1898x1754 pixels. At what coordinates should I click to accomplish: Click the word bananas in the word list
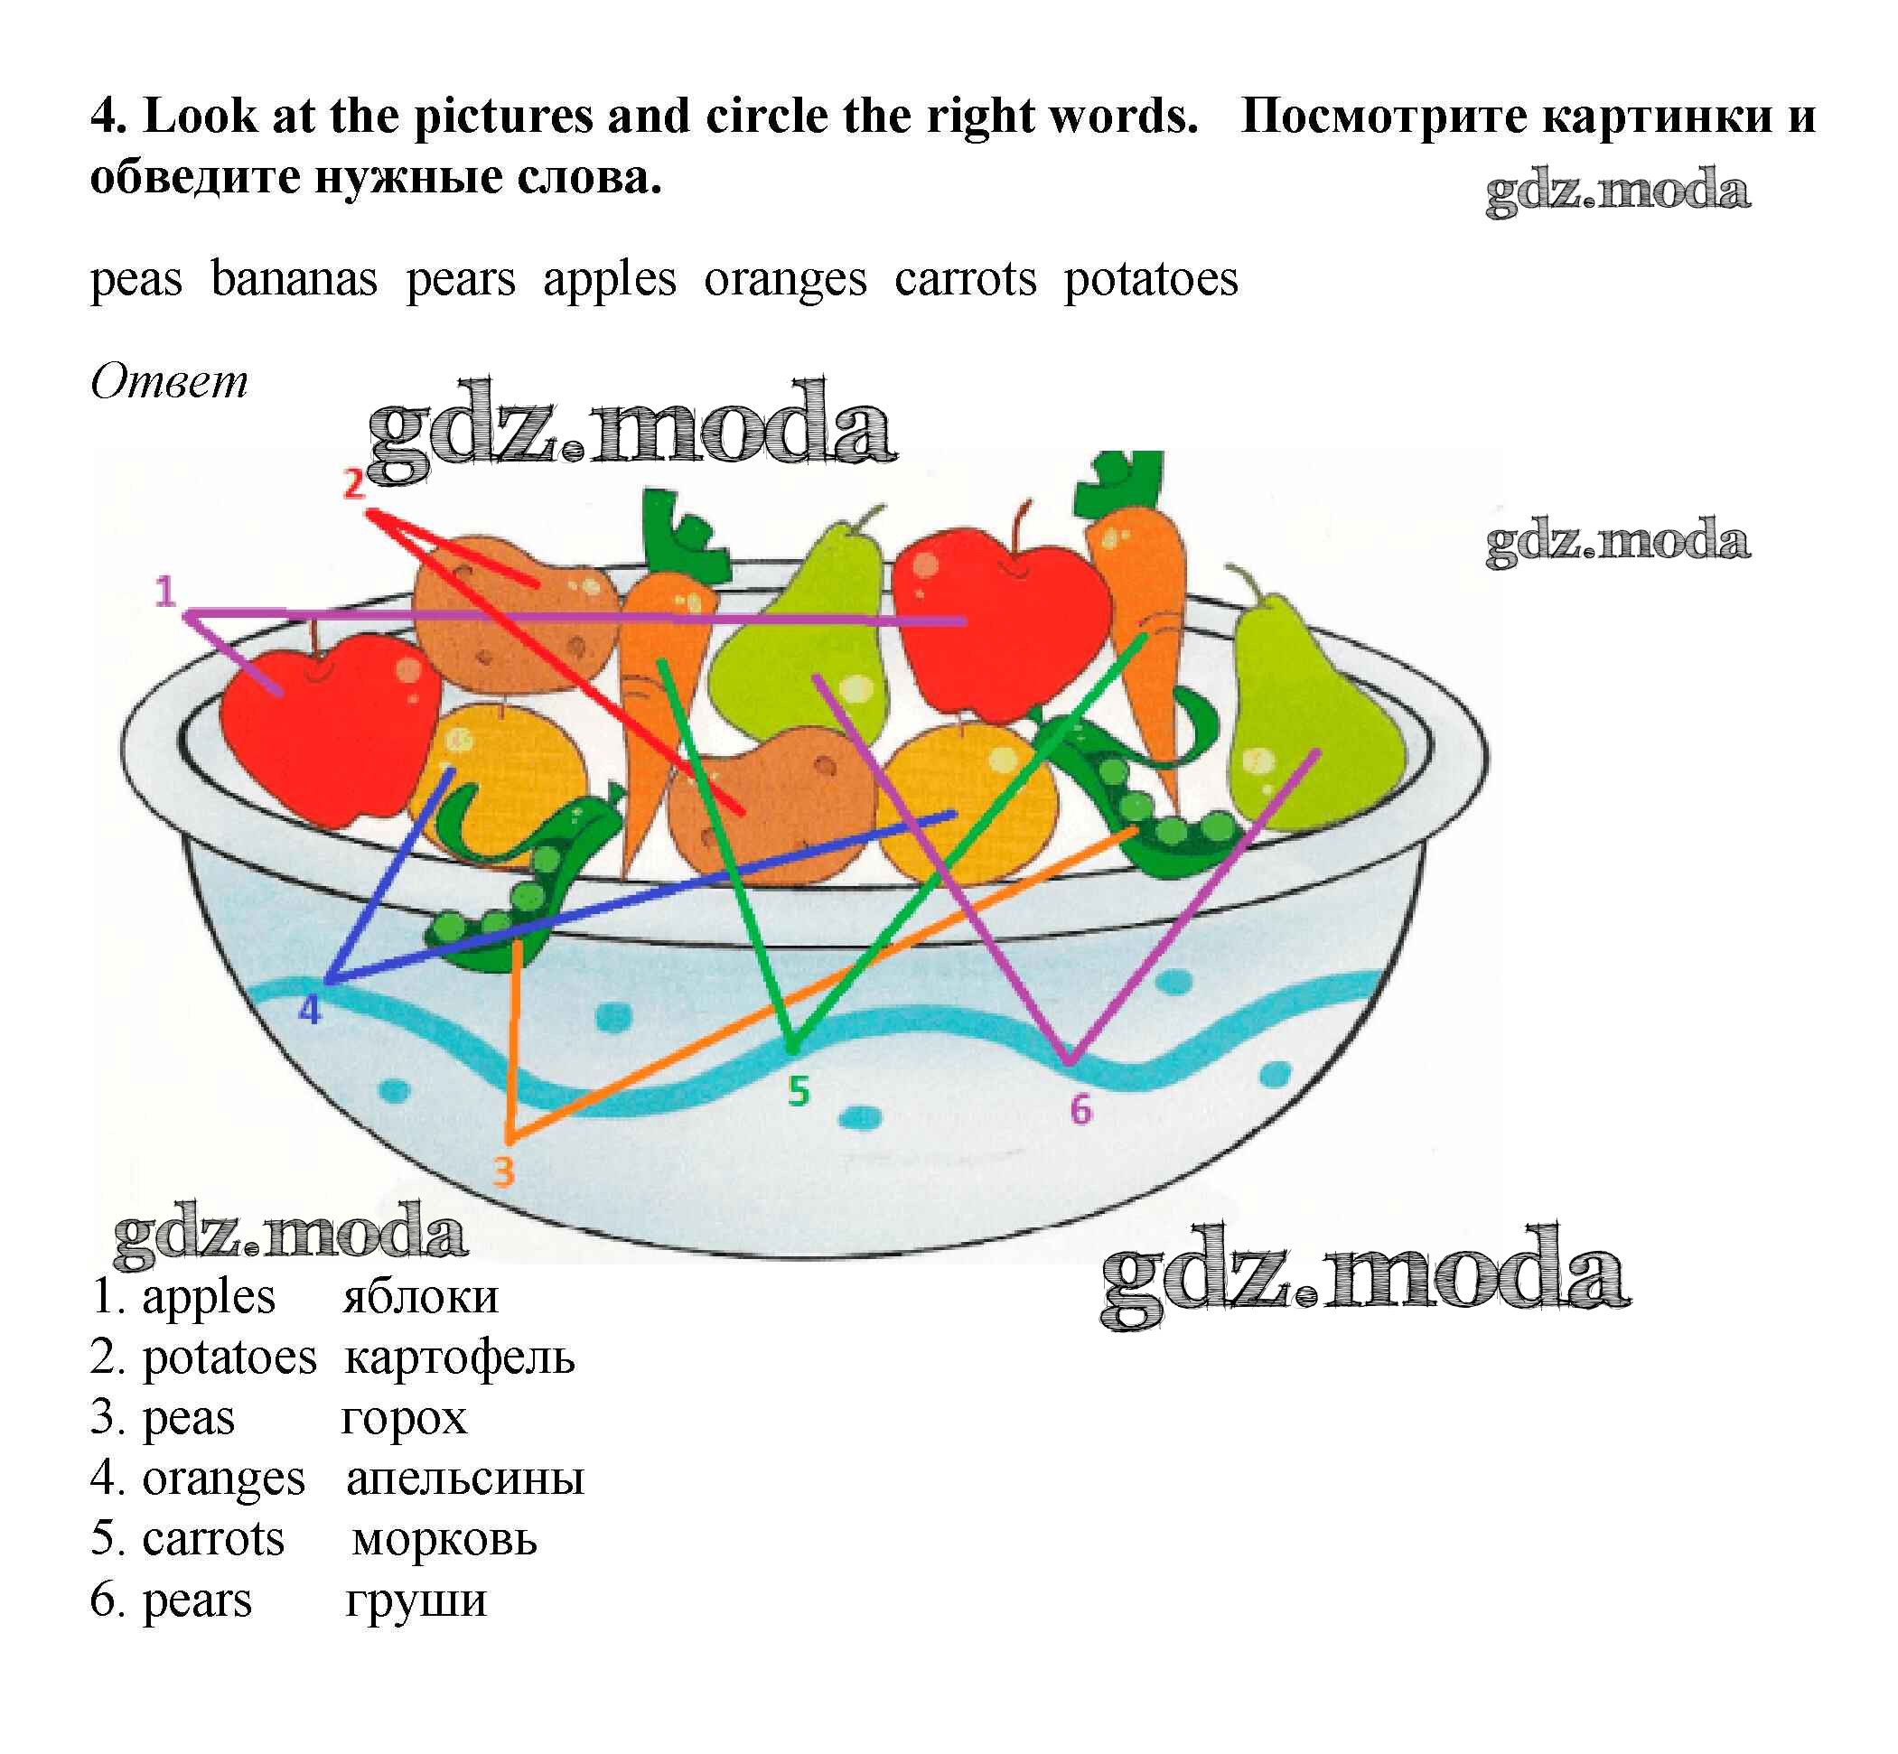(295, 279)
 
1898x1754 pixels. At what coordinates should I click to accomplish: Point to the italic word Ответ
(169, 381)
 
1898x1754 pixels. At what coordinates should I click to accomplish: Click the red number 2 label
(353, 484)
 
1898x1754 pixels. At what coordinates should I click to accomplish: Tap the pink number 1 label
(165, 592)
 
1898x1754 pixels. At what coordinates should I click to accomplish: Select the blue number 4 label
(310, 1009)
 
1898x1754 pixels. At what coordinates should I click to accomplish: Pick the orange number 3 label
(503, 1171)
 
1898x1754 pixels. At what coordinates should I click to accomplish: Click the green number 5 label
(799, 1091)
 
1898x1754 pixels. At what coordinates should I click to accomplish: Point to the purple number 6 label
(1080, 1108)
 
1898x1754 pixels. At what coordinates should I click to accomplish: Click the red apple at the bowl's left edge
(328, 726)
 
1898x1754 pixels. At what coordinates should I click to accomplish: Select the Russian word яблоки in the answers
(420, 1296)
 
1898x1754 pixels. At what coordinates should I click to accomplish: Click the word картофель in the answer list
(460, 1358)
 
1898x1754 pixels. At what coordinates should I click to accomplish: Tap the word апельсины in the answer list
(465, 1479)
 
